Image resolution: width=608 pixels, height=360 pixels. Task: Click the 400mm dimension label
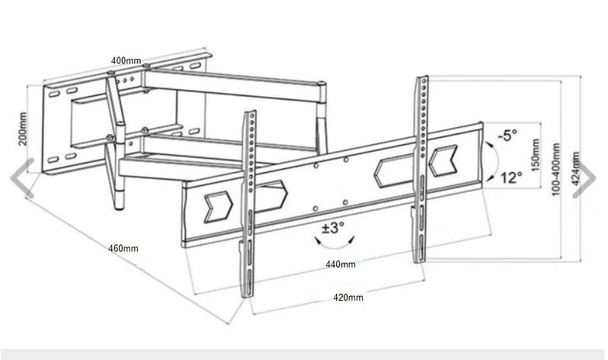tap(126, 60)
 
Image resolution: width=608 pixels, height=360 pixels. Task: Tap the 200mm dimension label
tap(23, 129)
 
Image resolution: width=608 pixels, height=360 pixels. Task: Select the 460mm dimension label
tap(123, 248)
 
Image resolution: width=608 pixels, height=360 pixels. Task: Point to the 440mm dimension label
tap(340, 264)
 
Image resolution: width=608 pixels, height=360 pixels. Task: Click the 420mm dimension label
tap(348, 298)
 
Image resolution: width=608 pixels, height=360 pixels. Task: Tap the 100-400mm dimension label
tap(556, 169)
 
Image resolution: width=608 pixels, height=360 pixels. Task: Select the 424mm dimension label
tap(576, 169)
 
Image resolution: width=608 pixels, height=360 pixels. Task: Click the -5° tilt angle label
tap(507, 135)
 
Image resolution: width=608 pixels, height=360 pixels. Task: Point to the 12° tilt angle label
tap(511, 178)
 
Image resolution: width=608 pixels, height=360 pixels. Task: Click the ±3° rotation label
tap(333, 228)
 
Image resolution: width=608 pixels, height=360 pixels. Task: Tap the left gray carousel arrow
tap(22, 177)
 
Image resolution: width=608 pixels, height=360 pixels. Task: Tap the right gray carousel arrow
tap(584, 177)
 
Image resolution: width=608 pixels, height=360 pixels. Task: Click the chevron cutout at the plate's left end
tap(218, 207)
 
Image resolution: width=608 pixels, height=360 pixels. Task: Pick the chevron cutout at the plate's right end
tap(443, 161)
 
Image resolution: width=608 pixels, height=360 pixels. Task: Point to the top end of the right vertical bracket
tap(423, 78)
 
